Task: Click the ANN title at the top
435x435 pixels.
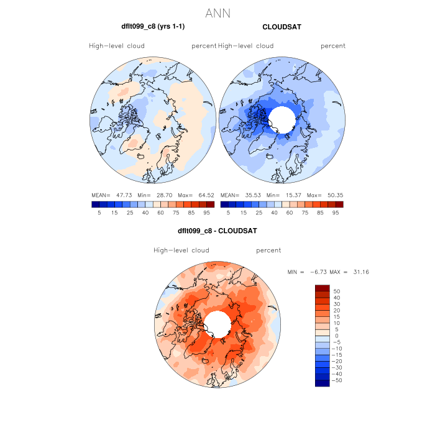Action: click(x=217, y=12)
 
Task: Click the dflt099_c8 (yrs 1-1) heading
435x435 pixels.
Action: click(x=153, y=27)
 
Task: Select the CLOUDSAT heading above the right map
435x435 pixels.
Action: click(x=282, y=27)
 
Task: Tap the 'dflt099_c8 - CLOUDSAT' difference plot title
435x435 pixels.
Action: click(x=217, y=231)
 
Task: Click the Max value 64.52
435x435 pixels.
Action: click(x=205, y=195)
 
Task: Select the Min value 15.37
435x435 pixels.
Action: click(x=291, y=195)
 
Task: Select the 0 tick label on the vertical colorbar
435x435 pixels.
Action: click(x=336, y=336)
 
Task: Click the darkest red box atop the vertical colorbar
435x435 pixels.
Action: click(x=322, y=288)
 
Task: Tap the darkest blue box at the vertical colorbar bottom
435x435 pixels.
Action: click(x=322, y=382)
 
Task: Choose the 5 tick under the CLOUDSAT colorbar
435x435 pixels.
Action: click(x=228, y=213)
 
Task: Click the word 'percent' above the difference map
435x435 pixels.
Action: click(x=268, y=250)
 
